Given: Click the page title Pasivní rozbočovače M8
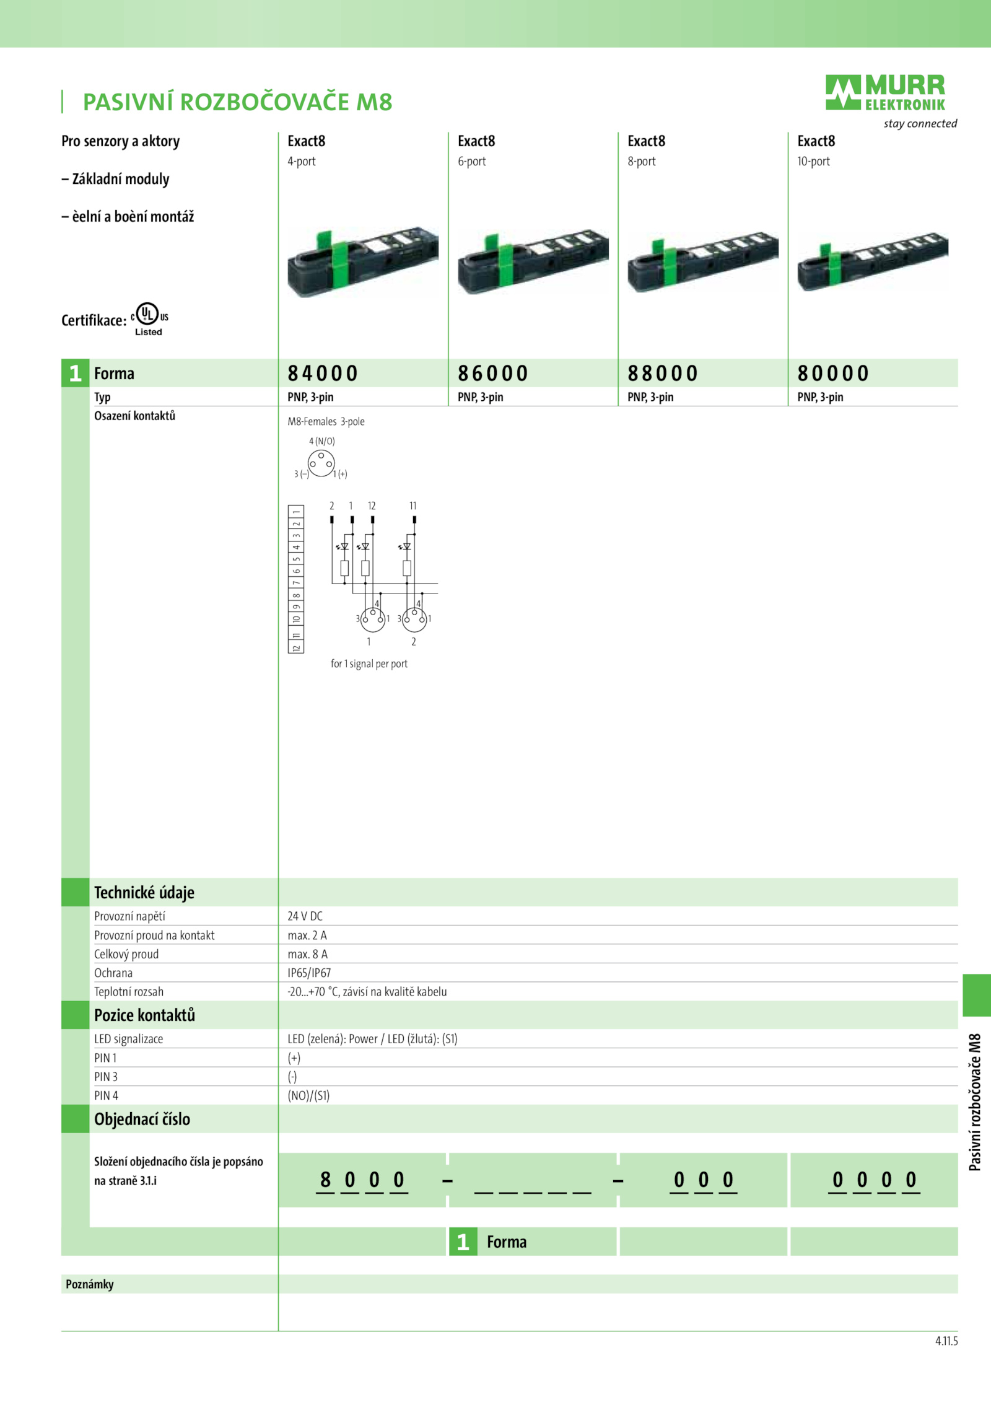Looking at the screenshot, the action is [x=238, y=102].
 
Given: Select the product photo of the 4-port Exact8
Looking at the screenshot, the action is [x=363, y=261].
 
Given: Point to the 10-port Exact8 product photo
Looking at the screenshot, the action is [x=873, y=261].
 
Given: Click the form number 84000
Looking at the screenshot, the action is [x=323, y=374].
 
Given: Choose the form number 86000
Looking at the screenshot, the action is [x=493, y=374].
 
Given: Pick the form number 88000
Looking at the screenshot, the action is [x=663, y=374].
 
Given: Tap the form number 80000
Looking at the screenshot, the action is [x=833, y=374].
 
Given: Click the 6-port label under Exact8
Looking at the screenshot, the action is [x=472, y=162].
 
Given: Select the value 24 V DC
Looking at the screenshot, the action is [x=305, y=916].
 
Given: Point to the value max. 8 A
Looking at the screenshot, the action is [x=307, y=954].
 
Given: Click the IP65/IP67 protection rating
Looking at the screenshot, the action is [x=309, y=973].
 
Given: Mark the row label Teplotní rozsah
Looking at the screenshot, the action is [x=129, y=992].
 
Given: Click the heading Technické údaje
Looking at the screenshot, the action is [x=144, y=893].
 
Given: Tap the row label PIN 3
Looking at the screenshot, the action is [x=106, y=1077].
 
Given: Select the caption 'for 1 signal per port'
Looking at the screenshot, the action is [x=369, y=664].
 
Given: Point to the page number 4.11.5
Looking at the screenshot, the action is [x=946, y=1341].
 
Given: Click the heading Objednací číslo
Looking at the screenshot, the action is [x=142, y=1119].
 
